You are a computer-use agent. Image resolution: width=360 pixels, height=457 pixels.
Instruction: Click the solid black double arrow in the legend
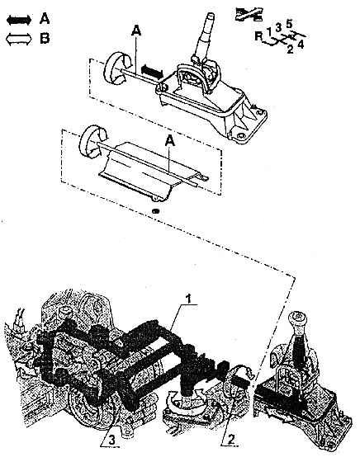[x=19, y=20]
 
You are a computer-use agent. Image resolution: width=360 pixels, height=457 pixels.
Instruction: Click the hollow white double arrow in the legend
[x=19, y=39]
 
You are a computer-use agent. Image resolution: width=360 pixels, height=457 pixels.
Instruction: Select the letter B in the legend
[x=45, y=38]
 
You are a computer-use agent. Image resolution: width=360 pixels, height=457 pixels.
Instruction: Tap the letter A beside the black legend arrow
[x=45, y=19]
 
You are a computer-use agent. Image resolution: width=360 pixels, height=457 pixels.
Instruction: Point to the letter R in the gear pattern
[x=258, y=36]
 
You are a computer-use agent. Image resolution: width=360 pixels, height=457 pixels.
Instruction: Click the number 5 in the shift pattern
[x=289, y=24]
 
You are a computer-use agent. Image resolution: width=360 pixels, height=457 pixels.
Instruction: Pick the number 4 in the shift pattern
[x=301, y=45]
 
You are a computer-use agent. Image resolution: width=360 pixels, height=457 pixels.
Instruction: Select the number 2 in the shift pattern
[x=290, y=49]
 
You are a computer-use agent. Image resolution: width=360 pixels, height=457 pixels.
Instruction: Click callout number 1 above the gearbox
[x=189, y=299]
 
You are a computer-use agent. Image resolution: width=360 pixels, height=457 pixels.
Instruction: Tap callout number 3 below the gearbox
[x=112, y=441]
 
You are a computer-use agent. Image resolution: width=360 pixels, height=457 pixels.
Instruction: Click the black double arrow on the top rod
[x=152, y=72]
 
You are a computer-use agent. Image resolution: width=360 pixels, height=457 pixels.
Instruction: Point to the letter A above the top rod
[x=136, y=31]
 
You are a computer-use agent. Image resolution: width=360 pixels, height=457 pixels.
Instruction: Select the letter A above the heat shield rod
[x=170, y=141]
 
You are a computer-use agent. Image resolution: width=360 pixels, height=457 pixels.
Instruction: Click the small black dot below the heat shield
[x=156, y=210]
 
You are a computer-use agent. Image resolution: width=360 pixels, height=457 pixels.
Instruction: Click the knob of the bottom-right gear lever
[x=297, y=320]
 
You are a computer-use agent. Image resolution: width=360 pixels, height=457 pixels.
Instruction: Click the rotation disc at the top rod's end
[x=116, y=68]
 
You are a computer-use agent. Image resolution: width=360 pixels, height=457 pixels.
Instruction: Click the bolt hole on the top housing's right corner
[x=259, y=112]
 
